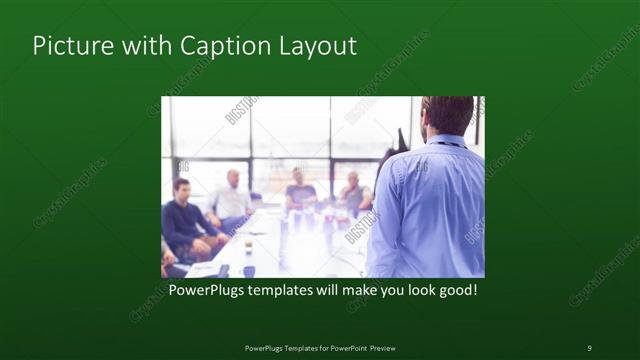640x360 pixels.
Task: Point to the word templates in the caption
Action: coord(286,291)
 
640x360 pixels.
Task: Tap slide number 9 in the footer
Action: coord(589,347)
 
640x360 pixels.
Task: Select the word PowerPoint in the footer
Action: coord(345,347)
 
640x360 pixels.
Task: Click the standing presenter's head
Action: coord(447,116)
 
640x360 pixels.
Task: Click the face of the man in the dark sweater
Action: coord(182,189)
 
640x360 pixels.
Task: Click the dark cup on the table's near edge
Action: coord(247,270)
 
